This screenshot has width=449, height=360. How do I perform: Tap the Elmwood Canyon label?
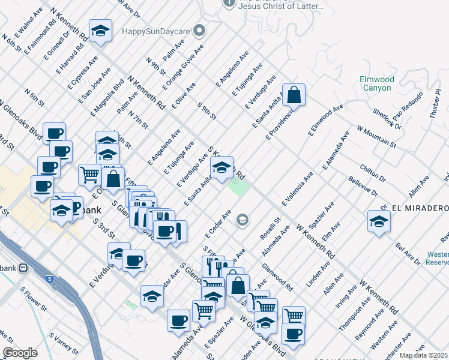[376, 83]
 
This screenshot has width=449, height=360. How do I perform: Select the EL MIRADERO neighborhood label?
[420, 208]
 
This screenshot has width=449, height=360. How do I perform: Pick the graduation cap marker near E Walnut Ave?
[101, 30]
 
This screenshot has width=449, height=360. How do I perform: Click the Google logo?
[20, 353]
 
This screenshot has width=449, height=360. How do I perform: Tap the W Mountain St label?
[376, 136]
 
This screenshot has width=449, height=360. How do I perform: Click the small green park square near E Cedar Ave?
[237, 187]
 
